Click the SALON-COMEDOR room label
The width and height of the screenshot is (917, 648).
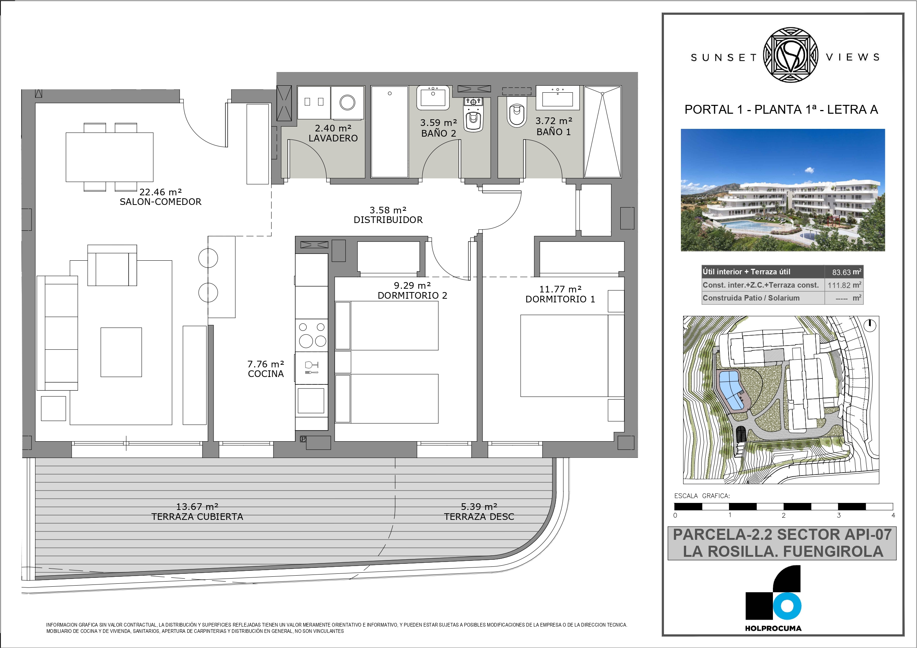[x=161, y=202]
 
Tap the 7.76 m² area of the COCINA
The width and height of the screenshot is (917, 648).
[x=266, y=364]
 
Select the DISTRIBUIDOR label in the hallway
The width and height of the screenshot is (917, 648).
[x=388, y=220]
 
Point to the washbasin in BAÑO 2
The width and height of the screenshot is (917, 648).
[x=433, y=98]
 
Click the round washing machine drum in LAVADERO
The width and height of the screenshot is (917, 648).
[x=347, y=102]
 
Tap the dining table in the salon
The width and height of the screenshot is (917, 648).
[x=109, y=157]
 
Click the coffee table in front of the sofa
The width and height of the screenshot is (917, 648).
[x=121, y=352]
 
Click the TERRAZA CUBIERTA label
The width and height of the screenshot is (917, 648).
[x=197, y=517]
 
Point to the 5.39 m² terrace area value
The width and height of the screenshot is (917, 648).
[x=479, y=507]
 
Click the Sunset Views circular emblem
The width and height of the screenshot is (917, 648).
[x=791, y=55]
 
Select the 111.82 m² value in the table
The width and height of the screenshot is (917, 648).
[x=844, y=285]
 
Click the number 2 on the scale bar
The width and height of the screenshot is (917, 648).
[x=784, y=515]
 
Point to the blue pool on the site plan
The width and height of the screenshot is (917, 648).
[x=731, y=390]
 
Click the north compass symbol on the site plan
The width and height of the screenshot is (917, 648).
[x=870, y=325]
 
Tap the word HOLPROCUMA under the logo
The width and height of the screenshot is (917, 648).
[x=773, y=628]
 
